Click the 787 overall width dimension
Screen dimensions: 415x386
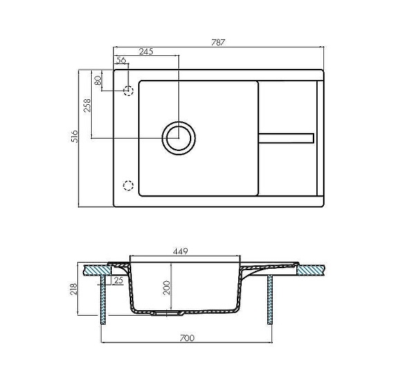point(218,42)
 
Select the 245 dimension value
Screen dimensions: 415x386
point(146,51)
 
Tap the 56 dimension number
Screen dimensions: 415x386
point(121,60)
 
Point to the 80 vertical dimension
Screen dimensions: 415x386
point(97,81)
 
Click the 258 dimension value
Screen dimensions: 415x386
point(87,105)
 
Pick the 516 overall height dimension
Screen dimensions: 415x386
point(75,136)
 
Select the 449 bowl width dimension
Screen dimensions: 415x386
point(180,251)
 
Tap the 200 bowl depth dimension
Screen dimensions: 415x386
point(166,288)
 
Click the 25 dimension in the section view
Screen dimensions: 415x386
point(118,281)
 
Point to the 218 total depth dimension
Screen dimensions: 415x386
point(73,289)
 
